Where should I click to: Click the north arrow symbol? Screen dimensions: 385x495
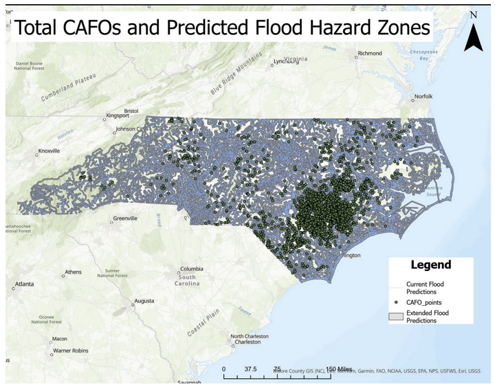(x=473, y=34)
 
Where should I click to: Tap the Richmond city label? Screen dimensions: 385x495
(x=369, y=54)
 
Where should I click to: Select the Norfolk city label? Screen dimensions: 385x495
(x=422, y=97)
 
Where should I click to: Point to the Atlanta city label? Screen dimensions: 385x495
(x=25, y=283)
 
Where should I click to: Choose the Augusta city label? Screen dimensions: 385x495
(x=144, y=301)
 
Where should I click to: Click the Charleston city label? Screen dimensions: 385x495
(x=250, y=342)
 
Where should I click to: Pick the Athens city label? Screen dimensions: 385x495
(x=73, y=272)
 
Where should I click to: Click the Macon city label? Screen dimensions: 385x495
(x=60, y=338)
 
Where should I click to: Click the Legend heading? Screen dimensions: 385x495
(x=431, y=265)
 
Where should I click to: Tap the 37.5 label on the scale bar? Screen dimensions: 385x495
(x=250, y=369)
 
